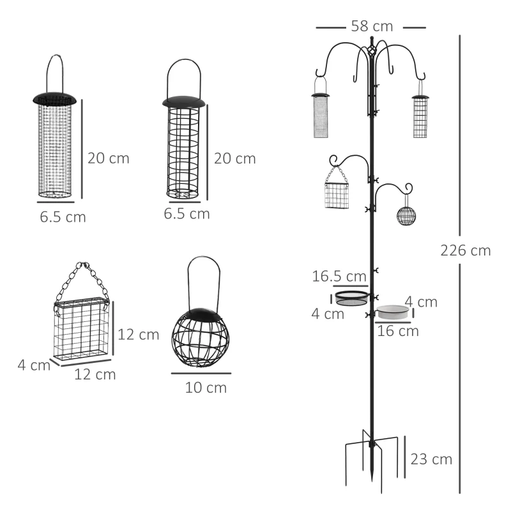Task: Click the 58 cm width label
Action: [x=371, y=27]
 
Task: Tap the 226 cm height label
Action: [x=466, y=250]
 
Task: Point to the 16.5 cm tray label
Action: [x=339, y=277]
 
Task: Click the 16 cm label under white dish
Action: [x=398, y=331]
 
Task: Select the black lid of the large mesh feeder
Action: [x=54, y=98]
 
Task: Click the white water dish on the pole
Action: [x=393, y=312]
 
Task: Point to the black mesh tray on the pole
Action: [x=351, y=297]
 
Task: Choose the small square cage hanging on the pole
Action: [x=337, y=195]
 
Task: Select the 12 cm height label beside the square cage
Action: [x=139, y=335]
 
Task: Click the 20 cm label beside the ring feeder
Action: [x=234, y=158]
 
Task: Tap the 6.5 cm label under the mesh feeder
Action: [x=63, y=217]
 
